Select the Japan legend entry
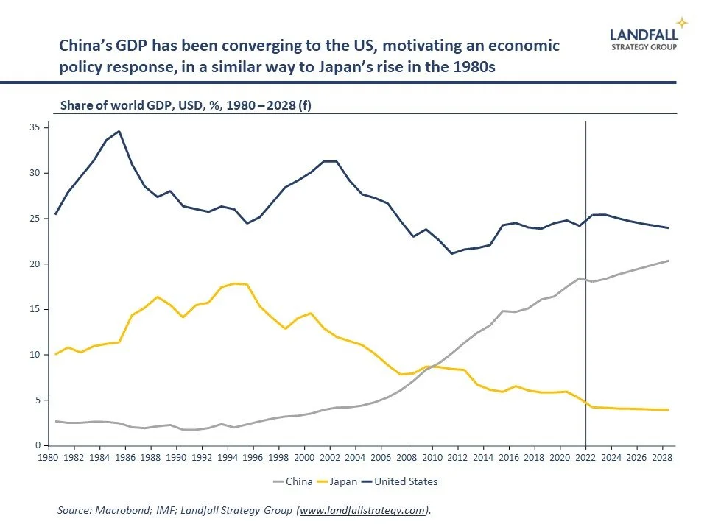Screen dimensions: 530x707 pyautogui.click(x=342, y=482)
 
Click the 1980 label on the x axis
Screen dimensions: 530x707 pyautogui.click(x=48, y=457)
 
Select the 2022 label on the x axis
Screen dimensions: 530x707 pyautogui.click(x=585, y=457)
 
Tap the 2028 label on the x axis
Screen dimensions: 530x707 pyautogui.click(x=663, y=457)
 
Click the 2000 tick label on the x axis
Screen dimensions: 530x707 pyautogui.click(x=304, y=457)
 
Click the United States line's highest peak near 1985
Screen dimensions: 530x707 pyautogui.click(x=119, y=131)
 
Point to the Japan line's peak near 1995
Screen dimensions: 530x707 pyautogui.click(x=234, y=283)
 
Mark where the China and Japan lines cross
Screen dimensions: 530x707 pyautogui.click(x=433, y=366)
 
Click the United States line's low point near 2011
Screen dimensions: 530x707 pyautogui.click(x=452, y=254)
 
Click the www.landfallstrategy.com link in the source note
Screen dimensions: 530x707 pyautogui.click(x=362, y=510)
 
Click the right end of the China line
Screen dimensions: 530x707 pyautogui.click(x=668, y=261)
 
